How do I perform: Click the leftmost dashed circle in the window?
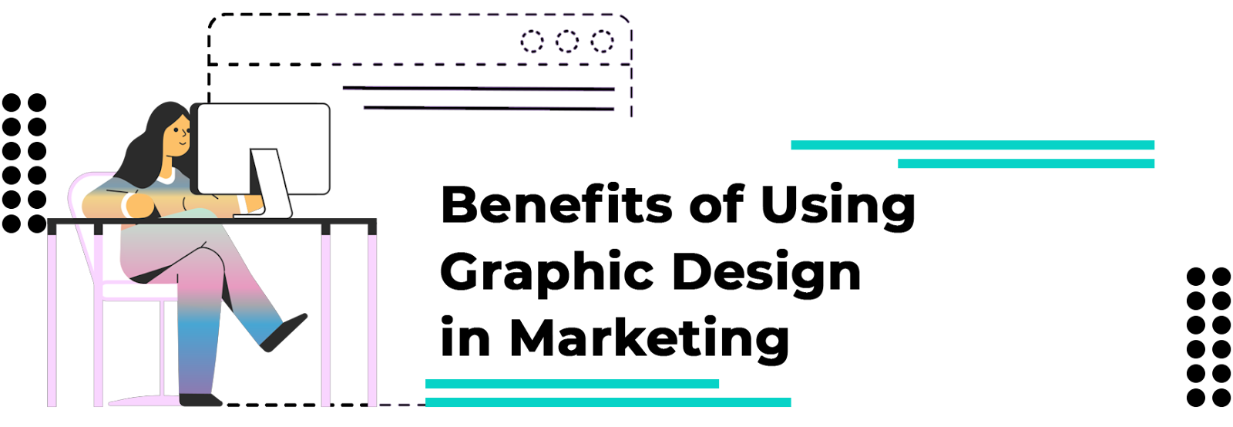(x=532, y=41)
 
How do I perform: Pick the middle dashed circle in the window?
(x=567, y=41)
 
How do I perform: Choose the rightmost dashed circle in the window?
(x=603, y=41)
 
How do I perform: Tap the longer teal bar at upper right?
(x=973, y=145)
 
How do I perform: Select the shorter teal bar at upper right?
(x=1026, y=163)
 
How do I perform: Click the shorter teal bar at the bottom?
(x=572, y=384)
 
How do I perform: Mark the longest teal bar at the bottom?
(x=608, y=402)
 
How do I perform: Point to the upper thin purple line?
(x=478, y=89)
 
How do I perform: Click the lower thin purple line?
(x=489, y=109)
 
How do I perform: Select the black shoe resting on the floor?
(x=200, y=400)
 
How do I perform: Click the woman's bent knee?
(x=212, y=258)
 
